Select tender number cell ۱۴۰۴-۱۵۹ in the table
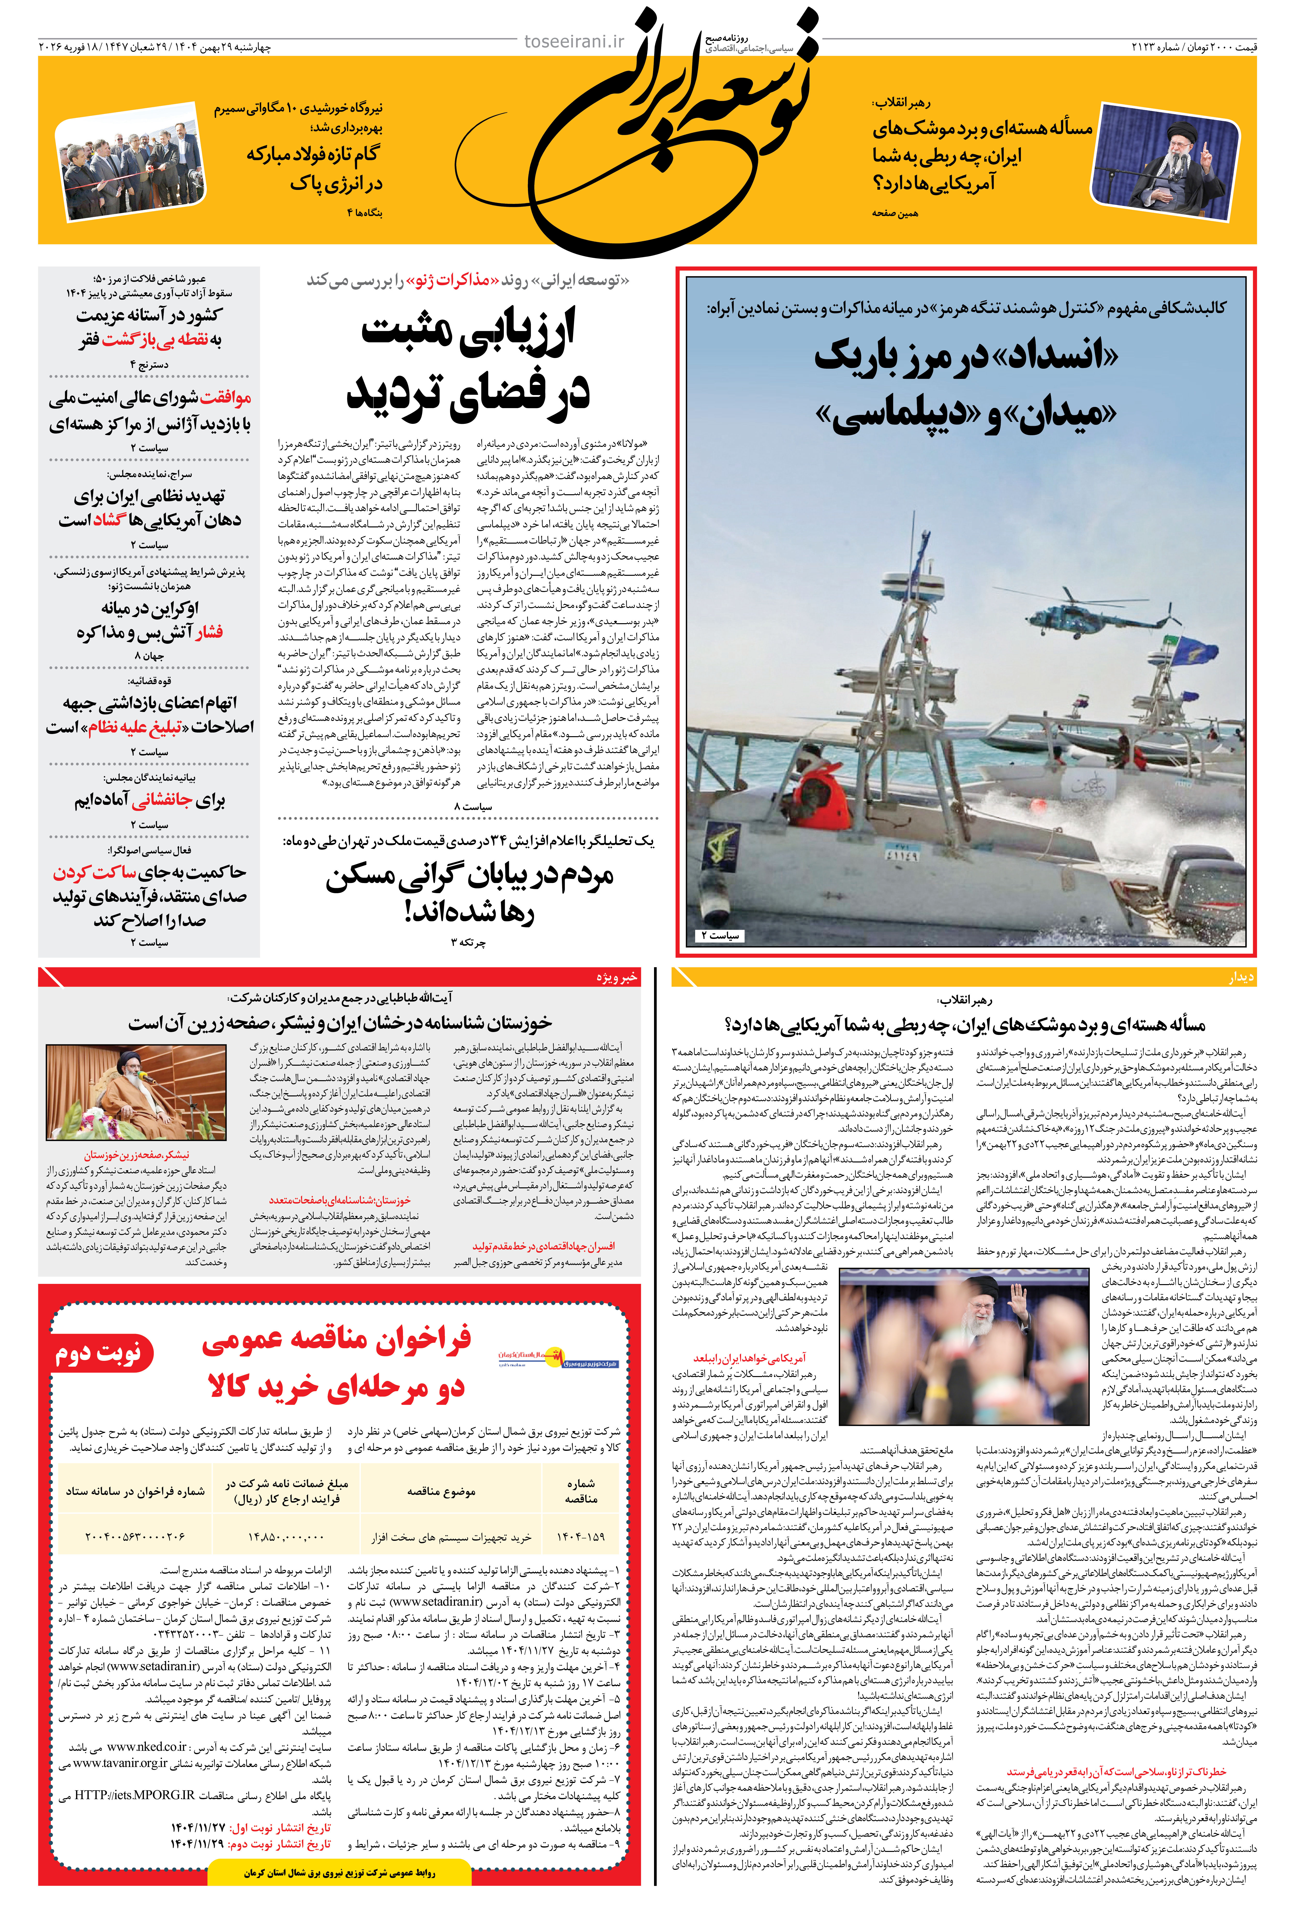coord(581,1536)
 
